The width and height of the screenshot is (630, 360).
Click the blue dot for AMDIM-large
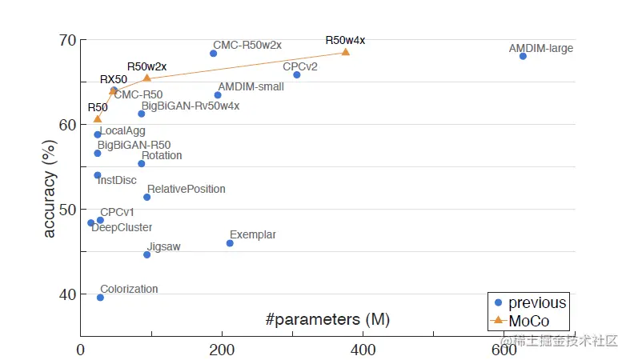pyautogui.click(x=523, y=56)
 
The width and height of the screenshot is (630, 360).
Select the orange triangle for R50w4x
pyautogui.click(x=346, y=52)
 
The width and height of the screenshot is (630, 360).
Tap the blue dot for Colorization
pyautogui.click(x=100, y=298)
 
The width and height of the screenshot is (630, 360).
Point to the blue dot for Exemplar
pyautogui.click(x=230, y=243)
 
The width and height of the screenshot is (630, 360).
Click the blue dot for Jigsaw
pyautogui.click(x=146, y=254)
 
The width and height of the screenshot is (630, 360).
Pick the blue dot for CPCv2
pyautogui.click(x=297, y=74)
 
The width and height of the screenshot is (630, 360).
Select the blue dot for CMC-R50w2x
pyautogui.click(x=213, y=54)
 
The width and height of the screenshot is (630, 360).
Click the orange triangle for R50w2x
pyautogui.click(x=146, y=78)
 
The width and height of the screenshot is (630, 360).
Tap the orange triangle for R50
pyautogui.click(x=98, y=119)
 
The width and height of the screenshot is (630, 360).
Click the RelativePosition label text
pyautogui.click(x=186, y=190)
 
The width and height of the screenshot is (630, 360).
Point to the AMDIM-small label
pyautogui.click(x=251, y=86)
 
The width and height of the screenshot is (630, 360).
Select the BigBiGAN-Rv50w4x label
pyautogui.click(x=190, y=106)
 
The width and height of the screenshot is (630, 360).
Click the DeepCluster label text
pyautogui.click(x=122, y=228)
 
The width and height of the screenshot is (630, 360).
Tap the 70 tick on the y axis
pyautogui.click(x=66, y=41)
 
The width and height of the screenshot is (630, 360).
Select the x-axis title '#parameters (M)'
pyautogui.click(x=327, y=320)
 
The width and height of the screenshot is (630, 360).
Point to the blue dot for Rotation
pyautogui.click(x=142, y=163)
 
